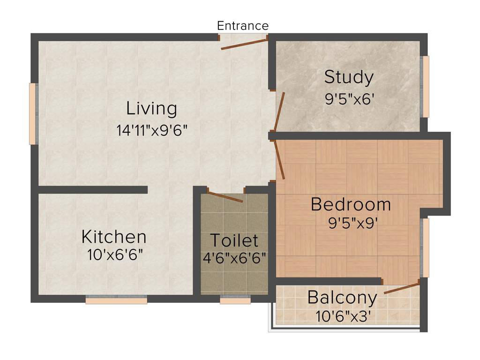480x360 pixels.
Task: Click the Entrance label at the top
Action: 243,25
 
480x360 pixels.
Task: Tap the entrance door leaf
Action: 244,44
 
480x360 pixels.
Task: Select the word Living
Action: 151,109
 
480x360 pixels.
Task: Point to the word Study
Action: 349,77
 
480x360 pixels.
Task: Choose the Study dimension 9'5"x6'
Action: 349,99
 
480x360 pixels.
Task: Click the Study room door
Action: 280,111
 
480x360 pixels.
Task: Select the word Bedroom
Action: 351,204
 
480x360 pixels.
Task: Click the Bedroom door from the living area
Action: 280,160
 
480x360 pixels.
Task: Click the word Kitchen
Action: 114,237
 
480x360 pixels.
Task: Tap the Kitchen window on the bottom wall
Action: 116,300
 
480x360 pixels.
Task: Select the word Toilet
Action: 234,240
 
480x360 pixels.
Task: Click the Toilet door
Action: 225,197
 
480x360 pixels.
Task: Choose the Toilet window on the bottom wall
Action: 235,300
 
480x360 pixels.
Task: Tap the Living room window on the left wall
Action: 32,113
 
